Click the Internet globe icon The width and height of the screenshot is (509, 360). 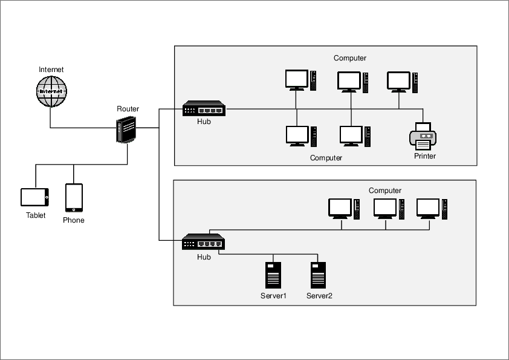pos(51,91)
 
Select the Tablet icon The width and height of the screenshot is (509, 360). pos(34,197)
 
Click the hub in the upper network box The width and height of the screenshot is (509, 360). pos(204,109)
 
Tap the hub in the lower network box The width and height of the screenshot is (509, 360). pos(203,242)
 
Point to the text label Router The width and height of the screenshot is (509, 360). pos(128,109)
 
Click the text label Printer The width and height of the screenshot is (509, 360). pos(424,156)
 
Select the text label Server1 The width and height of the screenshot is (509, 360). pos(273,296)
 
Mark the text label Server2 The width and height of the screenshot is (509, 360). pos(319,296)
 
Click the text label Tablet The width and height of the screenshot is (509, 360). pos(36,215)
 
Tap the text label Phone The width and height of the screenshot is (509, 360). pos(74,220)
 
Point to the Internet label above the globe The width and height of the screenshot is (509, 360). pos(51,70)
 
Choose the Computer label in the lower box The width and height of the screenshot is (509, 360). pos(385,191)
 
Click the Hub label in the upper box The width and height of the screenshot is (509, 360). pos(204,122)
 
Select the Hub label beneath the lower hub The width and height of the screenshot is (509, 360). pos(204,257)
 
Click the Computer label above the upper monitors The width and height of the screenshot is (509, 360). pos(350,58)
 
